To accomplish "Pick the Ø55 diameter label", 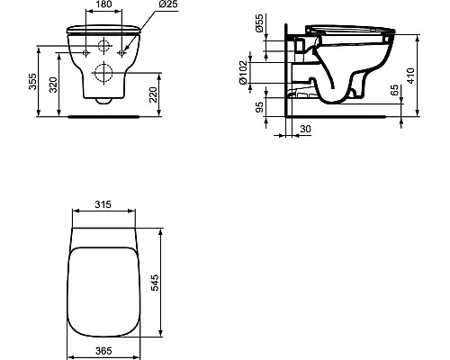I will [x=257, y=26].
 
